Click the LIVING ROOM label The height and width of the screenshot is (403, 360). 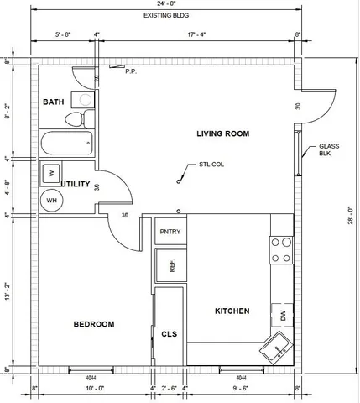pos(223,133)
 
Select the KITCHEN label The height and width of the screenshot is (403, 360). pos(232,311)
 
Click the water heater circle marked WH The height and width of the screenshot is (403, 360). pos(51,201)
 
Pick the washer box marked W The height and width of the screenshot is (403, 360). pos(51,173)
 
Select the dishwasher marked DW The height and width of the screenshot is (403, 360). pos(283,316)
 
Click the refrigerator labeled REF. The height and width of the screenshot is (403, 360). pos(171,266)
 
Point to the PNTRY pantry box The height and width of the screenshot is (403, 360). pos(170,232)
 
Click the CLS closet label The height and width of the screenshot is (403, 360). pos(169,333)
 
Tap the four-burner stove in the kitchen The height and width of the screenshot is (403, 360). pos(281,249)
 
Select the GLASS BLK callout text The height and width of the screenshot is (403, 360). pos(329,151)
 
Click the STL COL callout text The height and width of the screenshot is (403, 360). pos(211,165)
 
